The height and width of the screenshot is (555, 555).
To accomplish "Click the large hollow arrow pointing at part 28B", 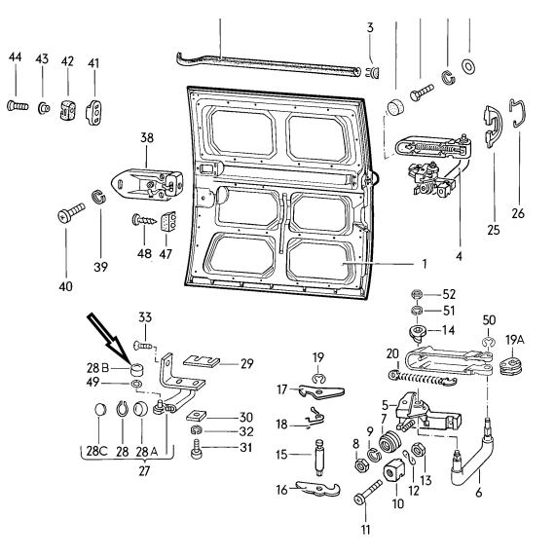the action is click(107, 338).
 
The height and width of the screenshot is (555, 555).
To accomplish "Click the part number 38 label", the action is click(147, 137).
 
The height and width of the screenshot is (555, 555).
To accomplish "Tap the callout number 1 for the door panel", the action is click(424, 264).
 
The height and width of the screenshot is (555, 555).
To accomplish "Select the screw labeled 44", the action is click(17, 105).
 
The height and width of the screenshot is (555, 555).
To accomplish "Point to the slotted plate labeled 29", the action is click(202, 361).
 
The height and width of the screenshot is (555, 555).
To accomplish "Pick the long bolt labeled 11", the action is click(368, 492).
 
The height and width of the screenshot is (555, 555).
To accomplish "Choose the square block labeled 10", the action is click(393, 469).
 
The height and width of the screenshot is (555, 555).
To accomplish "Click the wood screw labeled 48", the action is click(144, 220).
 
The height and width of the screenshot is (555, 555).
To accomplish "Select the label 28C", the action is click(96, 451).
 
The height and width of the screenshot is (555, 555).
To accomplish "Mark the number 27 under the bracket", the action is click(144, 471).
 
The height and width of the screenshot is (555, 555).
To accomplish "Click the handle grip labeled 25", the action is click(493, 126).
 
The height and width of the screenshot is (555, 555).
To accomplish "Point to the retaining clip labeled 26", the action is click(518, 113).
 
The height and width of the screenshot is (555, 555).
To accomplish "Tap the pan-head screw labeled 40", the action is click(71, 212).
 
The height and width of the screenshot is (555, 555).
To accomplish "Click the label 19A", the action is click(515, 340).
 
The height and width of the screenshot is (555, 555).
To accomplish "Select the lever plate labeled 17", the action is click(320, 391).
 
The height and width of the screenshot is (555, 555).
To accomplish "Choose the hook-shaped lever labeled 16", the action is click(317, 489).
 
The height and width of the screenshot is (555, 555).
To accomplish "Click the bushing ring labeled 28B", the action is click(137, 370).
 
